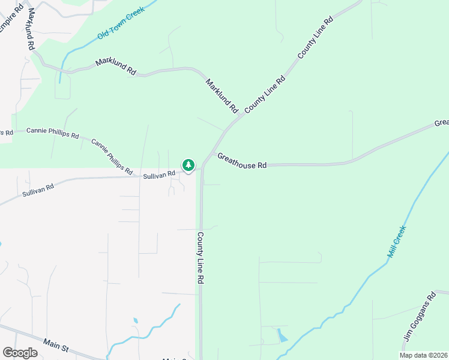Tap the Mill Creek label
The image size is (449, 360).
pos(397,242)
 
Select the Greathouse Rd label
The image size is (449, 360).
pos(242,161)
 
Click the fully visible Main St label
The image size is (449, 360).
pos(56,345)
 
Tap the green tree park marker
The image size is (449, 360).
pos(188,165)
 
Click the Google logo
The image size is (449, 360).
pos(20,353)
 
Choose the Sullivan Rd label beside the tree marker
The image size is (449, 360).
pos(159,175)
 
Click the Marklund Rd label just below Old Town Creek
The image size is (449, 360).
pos(116,67)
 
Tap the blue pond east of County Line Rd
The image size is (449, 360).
pos(281,335)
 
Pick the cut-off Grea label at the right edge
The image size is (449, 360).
pos(441,123)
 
